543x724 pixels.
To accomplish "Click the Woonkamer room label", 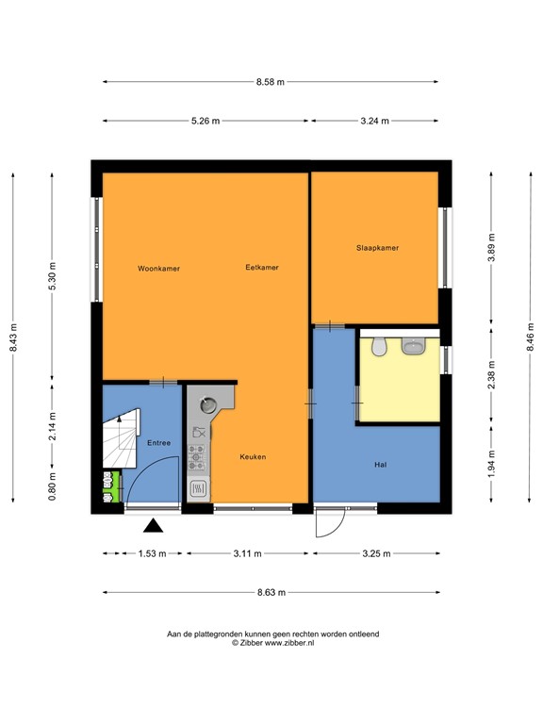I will (x=158, y=269).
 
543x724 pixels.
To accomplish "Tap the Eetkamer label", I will (x=261, y=268).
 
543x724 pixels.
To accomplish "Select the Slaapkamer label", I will (x=377, y=249).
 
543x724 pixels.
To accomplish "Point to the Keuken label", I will (x=253, y=457).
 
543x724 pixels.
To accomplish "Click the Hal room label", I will (x=382, y=465).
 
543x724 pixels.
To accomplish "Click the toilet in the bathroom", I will (x=378, y=348).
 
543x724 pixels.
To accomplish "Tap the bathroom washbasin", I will (x=413, y=348).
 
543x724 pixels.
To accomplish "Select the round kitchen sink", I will (x=207, y=406).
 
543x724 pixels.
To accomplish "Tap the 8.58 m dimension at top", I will (x=270, y=83).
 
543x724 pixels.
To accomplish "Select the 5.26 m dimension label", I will (x=205, y=122).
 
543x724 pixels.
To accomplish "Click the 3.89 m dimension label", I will (x=492, y=248).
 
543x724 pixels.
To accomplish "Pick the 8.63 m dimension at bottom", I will (x=271, y=592).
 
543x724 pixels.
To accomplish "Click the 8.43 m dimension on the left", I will (x=13, y=337).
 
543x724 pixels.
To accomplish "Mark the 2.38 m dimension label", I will (x=492, y=371).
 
